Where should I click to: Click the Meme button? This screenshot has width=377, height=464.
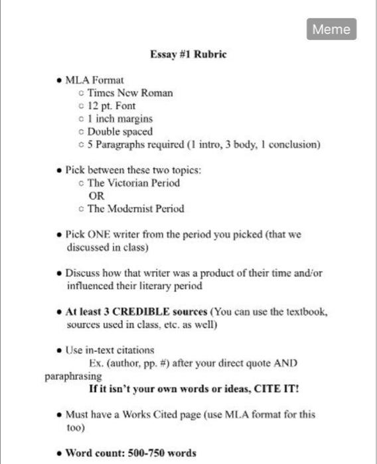click(332, 29)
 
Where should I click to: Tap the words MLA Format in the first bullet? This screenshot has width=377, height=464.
click(94, 80)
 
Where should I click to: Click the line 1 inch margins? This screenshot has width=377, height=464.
click(119, 119)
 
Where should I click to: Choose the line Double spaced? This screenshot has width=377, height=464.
click(119, 131)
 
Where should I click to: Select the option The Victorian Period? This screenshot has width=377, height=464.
click(133, 182)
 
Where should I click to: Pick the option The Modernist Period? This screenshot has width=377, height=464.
click(136, 208)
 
